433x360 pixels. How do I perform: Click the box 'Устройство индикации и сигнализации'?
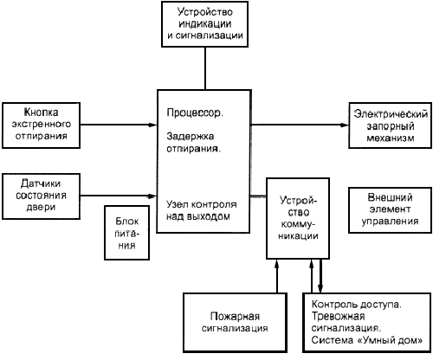click(x=204, y=24)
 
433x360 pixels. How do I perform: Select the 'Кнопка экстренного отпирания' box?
click(x=41, y=125)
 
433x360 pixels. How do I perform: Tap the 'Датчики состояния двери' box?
click(x=41, y=196)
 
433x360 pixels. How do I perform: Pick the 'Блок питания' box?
click(x=126, y=233)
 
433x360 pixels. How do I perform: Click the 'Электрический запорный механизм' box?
click(x=391, y=125)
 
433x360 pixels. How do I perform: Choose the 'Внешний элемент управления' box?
click(x=391, y=210)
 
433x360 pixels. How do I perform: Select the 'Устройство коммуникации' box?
click(x=298, y=218)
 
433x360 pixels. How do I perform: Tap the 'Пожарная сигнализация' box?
click(x=235, y=323)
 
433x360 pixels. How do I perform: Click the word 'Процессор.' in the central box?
click(x=195, y=112)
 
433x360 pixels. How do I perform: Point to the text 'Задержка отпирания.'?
click(x=194, y=142)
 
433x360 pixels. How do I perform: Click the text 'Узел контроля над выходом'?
click(x=202, y=210)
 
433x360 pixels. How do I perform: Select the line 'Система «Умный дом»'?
click(x=367, y=340)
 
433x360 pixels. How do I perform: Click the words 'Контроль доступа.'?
click(x=357, y=305)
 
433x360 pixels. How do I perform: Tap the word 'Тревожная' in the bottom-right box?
click(x=338, y=317)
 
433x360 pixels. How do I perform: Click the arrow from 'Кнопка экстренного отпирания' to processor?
click(x=119, y=125)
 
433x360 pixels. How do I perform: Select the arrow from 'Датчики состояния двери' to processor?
click(x=119, y=196)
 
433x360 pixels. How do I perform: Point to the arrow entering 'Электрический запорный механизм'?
click(x=300, y=125)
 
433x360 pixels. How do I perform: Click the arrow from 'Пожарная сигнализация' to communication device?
click(x=277, y=276)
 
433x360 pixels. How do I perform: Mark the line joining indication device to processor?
click(x=205, y=68)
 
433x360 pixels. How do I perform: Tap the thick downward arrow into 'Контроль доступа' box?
click(x=320, y=276)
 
